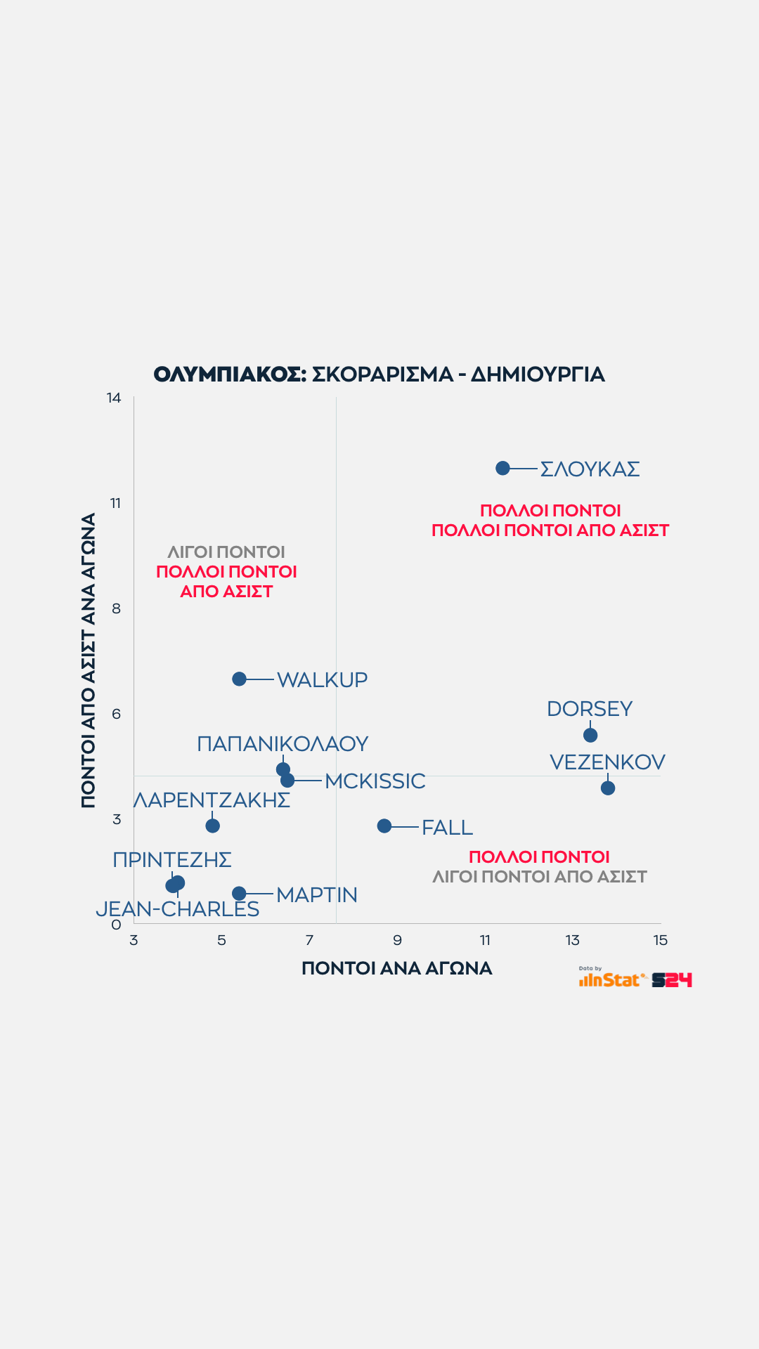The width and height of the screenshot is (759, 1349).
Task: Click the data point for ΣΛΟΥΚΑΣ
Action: pyautogui.click(x=502, y=468)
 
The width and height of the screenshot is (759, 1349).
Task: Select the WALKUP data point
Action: pyautogui.click(x=239, y=679)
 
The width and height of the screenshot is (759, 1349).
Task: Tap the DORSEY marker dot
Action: pyautogui.click(x=590, y=735)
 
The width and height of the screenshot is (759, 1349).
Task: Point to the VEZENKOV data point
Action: pyautogui.click(x=608, y=788)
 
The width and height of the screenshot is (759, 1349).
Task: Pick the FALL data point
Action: pyautogui.click(x=384, y=826)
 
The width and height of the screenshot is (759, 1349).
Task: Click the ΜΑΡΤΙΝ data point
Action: pyautogui.click(x=239, y=893)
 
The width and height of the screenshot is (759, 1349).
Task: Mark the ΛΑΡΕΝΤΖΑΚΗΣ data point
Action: pyautogui.click(x=212, y=826)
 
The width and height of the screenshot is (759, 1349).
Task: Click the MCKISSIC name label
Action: pyautogui.click(x=375, y=781)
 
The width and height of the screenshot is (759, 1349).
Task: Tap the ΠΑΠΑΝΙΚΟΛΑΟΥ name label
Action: pyautogui.click(x=283, y=743)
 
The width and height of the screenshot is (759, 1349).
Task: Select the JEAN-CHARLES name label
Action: pyautogui.click(x=178, y=909)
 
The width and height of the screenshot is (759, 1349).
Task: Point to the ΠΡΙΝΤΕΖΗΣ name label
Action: pyautogui.click(x=172, y=859)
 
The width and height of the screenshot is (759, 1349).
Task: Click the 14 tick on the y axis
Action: pyautogui.click(x=114, y=398)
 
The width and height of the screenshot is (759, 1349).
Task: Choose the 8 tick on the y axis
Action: pyautogui.click(x=116, y=608)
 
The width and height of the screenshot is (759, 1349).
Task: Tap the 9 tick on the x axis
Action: pyautogui.click(x=397, y=940)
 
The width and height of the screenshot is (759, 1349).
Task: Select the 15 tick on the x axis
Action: pyautogui.click(x=660, y=940)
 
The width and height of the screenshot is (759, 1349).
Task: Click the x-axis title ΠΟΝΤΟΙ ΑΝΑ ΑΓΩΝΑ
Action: pyautogui.click(x=396, y=968)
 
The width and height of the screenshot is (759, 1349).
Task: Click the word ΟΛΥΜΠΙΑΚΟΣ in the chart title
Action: pyautogui.click(x=230, y=374)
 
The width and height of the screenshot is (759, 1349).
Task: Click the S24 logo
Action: pyautogui.click(x=672, y=979)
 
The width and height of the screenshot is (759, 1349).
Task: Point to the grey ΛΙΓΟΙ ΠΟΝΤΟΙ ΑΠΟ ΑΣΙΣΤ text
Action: pyautogui.click(x=539, y=876)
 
